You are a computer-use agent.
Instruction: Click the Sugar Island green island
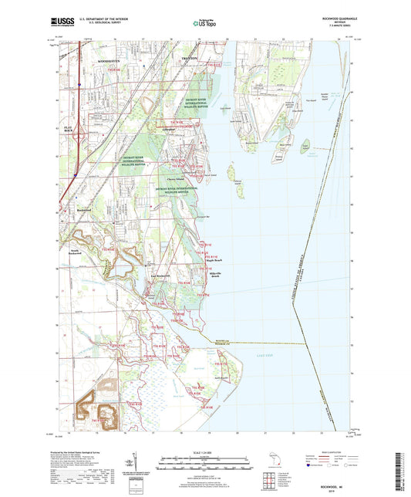(x=306, y=144)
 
